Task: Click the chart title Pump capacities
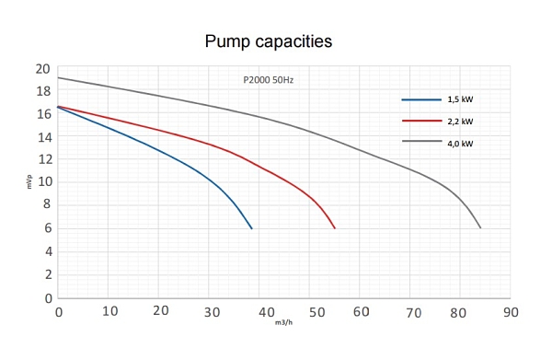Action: (269, 41)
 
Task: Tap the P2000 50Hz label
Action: (269, 80)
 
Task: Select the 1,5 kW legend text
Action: (460, 99)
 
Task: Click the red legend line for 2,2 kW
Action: (421, 121)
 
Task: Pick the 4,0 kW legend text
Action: (460, 144)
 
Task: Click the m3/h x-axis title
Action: (283, 322)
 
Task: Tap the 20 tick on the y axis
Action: (43, 69)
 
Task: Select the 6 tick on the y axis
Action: (48, 228)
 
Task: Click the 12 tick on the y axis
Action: (44, 159)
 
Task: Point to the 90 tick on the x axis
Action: (511, 312)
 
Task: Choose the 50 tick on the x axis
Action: (316, 312)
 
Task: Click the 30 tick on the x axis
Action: (212, 312)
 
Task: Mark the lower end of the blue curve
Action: (252, 228)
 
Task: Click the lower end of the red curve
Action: (335, 228)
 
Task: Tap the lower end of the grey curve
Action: (480, 228)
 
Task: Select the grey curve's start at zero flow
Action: (58, 77)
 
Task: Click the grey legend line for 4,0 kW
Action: (421, 141)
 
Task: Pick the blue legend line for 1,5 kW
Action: (421, 100)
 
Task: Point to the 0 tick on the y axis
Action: (49, 298)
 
